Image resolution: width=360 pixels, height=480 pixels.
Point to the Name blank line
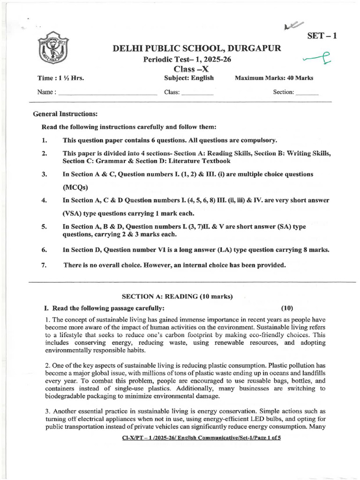[108, 93]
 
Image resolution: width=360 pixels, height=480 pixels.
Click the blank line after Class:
[197, 93]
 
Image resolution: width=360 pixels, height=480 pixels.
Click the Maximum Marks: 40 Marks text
[274, 78]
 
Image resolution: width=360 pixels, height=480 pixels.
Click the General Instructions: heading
[65, 114]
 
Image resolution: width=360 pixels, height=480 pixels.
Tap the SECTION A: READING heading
[177, 296]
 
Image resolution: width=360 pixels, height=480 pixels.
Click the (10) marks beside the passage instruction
[287, 308]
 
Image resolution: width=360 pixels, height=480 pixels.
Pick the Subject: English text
[189, 78]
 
